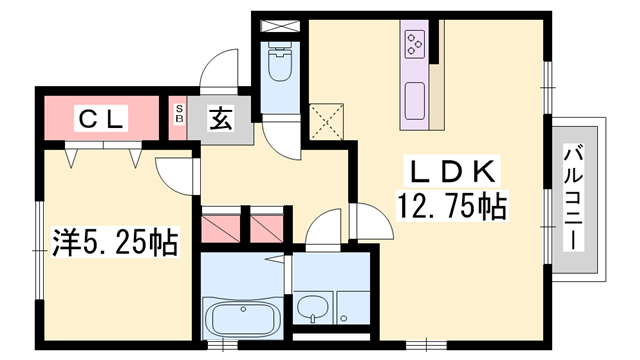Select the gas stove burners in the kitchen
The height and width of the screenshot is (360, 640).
(x=415, y=44)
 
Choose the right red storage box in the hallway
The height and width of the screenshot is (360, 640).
(x=267, y=225)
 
